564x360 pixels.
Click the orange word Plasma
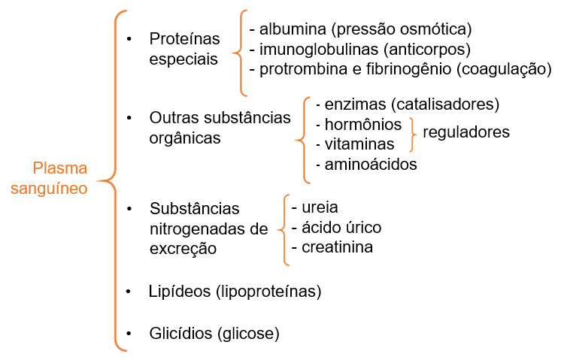[x=60, y=168]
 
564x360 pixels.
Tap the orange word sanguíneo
[x=49, y=189]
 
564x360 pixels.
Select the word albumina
[x=293, y=29]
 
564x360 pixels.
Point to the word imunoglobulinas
[x=319, y=50]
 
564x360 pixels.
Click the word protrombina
[x=303, y=69]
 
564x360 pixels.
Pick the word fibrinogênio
[x=408, y=69]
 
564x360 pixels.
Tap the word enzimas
[x=356, y=104]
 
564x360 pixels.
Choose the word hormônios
[x=363, y=125]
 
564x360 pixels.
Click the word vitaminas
[x=359, y=144]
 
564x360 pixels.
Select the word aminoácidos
[x=371, y=165]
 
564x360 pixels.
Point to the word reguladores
[x=466, y=132]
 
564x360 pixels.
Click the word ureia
[x=320, y=207]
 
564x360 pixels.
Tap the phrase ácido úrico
[x=341, y=227]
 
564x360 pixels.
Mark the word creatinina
[x=337, y=247]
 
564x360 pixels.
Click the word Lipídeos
[x=180, y=292]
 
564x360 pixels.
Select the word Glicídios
[x=180, y=334]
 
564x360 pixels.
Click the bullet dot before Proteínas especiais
[x=129, y=39]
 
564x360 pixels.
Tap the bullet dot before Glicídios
[x=129, y=334]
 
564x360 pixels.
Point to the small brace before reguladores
[x=413, y=134]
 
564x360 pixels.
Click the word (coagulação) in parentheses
[x=504, y=69]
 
